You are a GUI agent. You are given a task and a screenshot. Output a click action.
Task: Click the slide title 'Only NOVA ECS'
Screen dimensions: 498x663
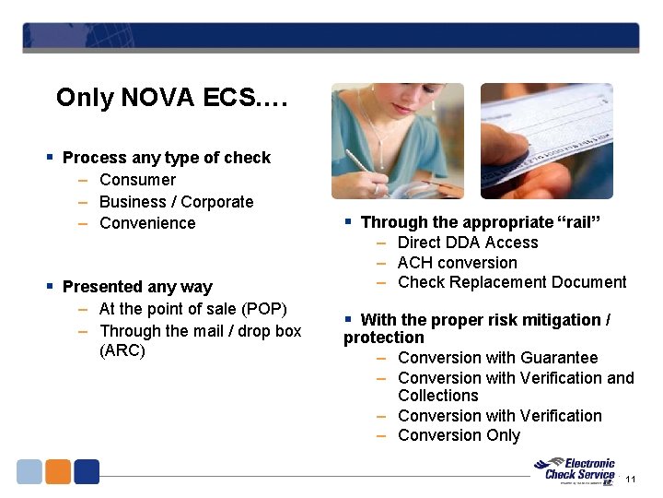tap(172, 98)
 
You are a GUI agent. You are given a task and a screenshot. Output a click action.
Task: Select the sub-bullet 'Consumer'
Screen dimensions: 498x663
tap(137, 180)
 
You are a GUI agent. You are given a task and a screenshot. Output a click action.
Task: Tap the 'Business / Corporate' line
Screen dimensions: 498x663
tap(176, 202)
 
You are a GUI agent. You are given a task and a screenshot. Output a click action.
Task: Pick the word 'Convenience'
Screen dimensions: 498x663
tap(147, 223)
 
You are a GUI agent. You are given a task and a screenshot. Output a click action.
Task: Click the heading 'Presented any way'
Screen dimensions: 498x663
tap(137, 287)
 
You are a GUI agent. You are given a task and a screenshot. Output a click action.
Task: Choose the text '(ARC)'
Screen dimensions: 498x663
tap(122, 351)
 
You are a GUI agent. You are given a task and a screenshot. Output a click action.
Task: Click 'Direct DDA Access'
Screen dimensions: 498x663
tap(468, 243)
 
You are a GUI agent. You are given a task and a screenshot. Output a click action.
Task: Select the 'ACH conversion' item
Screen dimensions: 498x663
tap(457, 263)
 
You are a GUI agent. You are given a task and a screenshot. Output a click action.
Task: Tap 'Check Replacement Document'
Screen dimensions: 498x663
tap(512, 282)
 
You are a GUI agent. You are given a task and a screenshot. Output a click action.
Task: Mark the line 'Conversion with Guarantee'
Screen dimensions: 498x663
tap(497, 358)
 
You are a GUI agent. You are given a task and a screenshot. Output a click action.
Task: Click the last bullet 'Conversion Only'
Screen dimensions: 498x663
tap(459, 435)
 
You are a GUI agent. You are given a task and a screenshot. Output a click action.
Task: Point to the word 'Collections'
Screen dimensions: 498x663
tap(438, 396)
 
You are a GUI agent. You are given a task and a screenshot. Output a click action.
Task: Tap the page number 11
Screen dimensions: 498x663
tap(631, 480)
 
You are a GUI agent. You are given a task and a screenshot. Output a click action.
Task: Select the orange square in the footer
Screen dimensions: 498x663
tap(58, 471)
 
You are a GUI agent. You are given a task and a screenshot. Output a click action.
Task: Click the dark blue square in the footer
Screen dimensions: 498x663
tap(87, 471)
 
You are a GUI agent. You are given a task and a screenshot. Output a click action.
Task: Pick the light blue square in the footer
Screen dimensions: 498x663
tap(29, 471)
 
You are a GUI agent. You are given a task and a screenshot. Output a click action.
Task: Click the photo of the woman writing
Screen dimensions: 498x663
tap(398, 140)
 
